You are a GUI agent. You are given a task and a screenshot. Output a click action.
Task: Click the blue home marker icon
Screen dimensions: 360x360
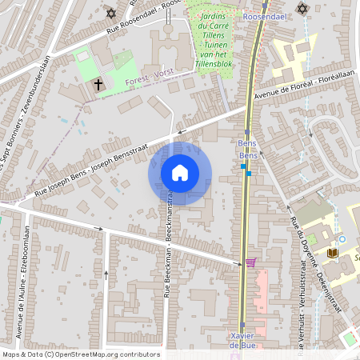[180, 173]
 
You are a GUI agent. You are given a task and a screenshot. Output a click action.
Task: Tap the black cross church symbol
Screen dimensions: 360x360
[98, 84]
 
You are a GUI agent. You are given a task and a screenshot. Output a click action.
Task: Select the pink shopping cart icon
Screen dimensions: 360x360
[251, 262]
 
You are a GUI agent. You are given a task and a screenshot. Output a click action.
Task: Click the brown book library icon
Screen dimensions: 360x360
[333, 254]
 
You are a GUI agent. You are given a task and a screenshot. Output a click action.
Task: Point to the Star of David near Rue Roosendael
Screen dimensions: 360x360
[110, 13]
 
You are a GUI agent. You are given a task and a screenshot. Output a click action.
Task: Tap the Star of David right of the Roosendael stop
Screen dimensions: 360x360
[302, 9]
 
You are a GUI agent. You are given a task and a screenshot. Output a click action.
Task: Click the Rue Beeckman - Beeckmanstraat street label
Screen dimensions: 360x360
[169, 248]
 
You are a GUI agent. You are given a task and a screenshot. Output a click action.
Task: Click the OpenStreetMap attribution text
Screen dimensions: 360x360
[81, 354]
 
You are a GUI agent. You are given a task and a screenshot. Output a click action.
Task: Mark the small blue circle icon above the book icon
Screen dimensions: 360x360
[342, 238]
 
